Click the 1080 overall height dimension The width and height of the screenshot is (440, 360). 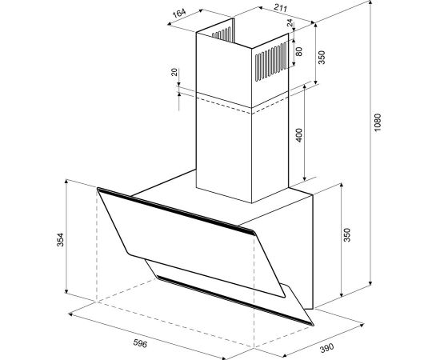pyautogui.click(x=378, y=122)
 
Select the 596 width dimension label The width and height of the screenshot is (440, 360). pyautogui.click(x=140, y=343)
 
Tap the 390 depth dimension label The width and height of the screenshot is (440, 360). pyautogui.click(x=327, y=348)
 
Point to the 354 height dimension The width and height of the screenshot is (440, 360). pyautogui.click(x=60, y=240)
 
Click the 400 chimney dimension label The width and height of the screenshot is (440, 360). pyautogui.click(x=299, y=135)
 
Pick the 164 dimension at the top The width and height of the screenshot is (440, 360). pyautogui.click(x=178, y=13)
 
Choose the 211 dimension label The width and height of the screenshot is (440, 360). pyautogui.click(x=280, y=7)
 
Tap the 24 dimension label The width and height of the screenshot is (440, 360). pyautogui.click(x=290, y=22)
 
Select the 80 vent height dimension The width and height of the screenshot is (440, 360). pyautogui.click(x=299, y=51)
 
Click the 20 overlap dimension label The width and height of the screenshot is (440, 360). pyautogui.click(x=174, y=72)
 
